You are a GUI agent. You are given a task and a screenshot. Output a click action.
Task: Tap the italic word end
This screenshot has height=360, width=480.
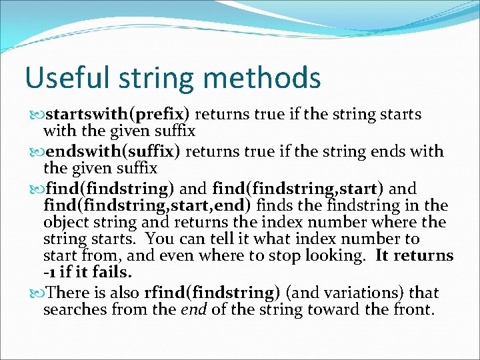193,310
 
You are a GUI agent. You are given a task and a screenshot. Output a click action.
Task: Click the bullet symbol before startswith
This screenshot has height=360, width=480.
36,115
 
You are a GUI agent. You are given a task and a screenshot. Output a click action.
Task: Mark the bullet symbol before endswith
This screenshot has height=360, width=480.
36,152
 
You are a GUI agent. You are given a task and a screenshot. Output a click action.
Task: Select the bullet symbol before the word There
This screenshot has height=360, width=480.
36,293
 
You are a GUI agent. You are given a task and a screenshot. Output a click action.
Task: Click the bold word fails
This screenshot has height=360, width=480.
114,273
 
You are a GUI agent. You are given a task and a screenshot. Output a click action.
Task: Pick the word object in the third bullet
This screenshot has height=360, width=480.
65,222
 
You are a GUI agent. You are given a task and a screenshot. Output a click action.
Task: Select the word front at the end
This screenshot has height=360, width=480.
413,310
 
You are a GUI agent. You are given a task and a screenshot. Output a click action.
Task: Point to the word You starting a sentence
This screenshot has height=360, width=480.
159,239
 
